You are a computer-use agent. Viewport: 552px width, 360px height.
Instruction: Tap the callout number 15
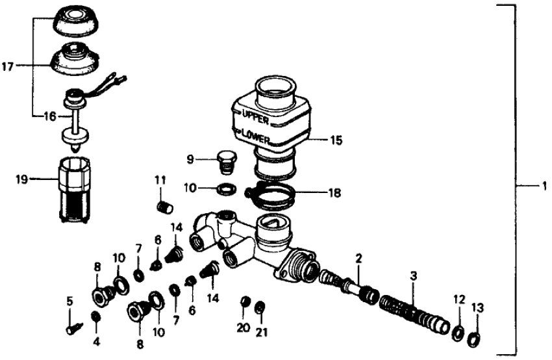(336, 139)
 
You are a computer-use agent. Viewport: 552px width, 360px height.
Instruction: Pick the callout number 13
(477, 307)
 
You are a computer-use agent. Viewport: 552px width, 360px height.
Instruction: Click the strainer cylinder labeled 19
(71, 191)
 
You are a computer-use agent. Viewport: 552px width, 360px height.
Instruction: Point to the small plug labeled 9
(227, 162)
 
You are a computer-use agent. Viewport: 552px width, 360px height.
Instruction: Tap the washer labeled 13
(475, 338)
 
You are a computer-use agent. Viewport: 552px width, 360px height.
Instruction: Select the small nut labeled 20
(245, 302)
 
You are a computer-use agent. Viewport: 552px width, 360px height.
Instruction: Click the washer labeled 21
(260, 306)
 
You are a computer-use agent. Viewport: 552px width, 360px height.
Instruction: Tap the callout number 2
(358, 259)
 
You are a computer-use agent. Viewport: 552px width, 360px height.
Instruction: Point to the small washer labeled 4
(95, 316)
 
